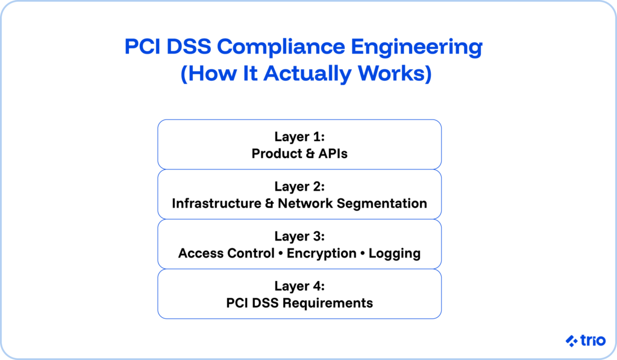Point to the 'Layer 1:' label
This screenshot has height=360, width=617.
(299, 137)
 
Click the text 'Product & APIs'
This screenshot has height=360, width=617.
(299, 153)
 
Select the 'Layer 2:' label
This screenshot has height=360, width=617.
(299, 186)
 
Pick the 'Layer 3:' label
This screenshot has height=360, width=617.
(299, 236)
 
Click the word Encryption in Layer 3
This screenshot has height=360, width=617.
(321, 253)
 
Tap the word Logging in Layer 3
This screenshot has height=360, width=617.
(395, 253)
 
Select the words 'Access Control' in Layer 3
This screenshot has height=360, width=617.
(226, 253)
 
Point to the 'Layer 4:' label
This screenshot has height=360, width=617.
(299, 286)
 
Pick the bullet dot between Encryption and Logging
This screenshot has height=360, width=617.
(363, 253)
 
